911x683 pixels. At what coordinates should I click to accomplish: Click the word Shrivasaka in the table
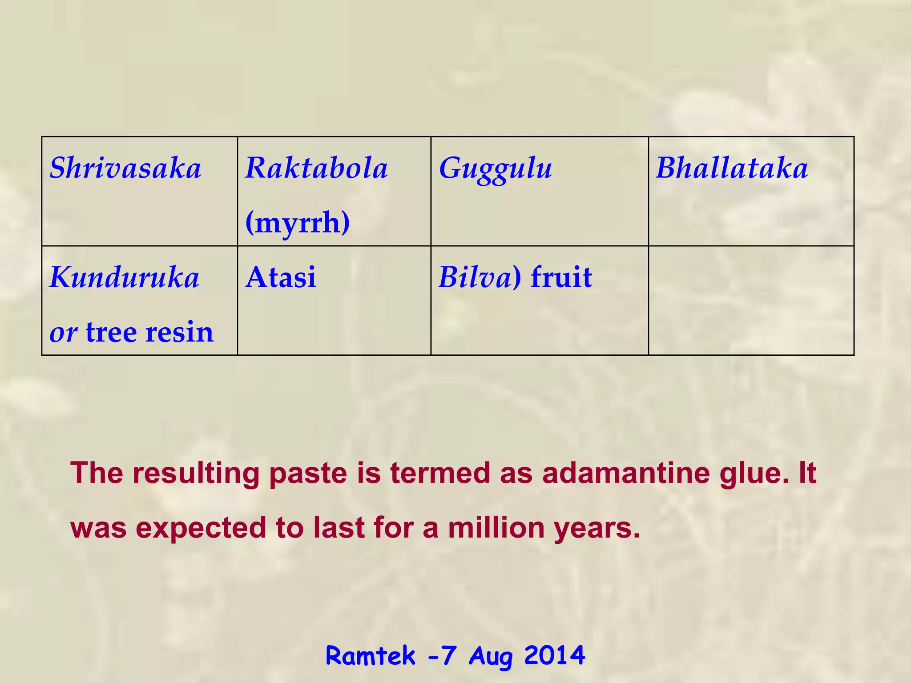[x=125, y=169]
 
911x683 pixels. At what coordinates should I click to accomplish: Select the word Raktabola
[x=316, y=169]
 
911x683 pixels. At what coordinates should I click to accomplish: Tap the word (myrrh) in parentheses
[x=298, y=222]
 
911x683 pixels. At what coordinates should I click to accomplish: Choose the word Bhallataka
[x=732, y=169]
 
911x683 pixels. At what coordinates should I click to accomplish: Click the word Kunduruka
[x=125, y=277]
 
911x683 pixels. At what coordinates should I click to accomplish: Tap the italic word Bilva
[x=475, y=277]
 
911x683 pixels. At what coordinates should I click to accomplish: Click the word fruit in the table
[x=561, y=277]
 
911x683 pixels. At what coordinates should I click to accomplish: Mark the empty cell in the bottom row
[x=751, y=300]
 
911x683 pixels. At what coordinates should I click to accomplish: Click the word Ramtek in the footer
[x=370, y=655]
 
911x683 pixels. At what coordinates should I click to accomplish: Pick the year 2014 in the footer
[x=554, y=655]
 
